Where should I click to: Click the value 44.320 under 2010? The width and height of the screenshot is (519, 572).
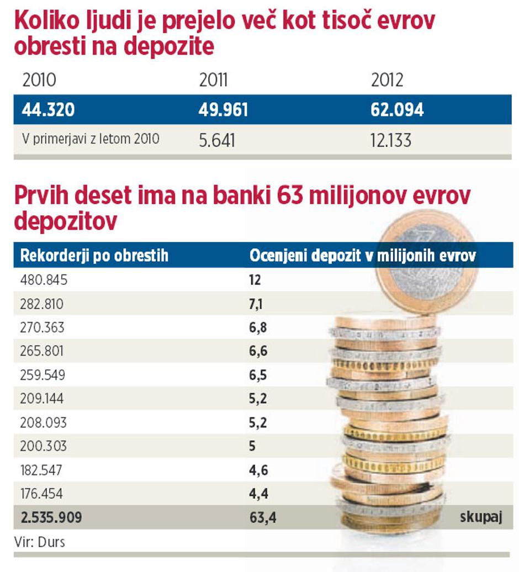pos(48,110)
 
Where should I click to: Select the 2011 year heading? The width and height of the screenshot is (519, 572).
pos(213,81)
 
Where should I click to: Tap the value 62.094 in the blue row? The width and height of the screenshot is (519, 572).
pos(397,110)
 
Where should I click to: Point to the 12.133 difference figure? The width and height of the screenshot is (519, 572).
pos(391,140)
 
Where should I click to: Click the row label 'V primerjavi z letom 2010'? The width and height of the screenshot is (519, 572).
pos(91,139)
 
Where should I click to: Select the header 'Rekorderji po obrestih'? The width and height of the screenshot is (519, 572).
pos(94,256)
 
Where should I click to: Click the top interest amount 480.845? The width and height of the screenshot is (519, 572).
pos(44,280)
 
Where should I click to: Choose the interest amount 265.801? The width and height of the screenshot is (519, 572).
pos(42,351)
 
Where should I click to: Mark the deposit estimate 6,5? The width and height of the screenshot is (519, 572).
pos(258,375)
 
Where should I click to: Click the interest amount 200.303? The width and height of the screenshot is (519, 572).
pos(43,446)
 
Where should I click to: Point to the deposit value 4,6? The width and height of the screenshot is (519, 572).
pos(258,470)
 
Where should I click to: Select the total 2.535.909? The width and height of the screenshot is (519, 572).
pos(51,517)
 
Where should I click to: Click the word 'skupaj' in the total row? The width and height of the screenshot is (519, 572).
pos(480,517)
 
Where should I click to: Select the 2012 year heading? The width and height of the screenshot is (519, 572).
pos(387,81)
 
